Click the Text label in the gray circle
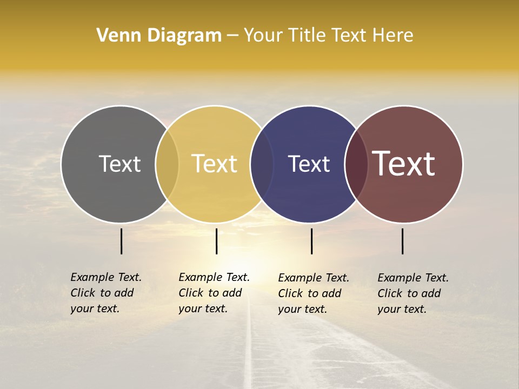pos(119,164)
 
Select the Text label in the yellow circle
pos(215,164)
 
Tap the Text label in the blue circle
pos(309,164)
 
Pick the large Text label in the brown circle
pos(403,164)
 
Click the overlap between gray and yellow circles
pos(167,164)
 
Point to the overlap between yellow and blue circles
pos(262,164)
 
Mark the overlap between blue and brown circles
pos(356,164)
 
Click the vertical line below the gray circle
pos(121,241)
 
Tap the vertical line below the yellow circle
pos(216,241)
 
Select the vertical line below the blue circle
pos(311,241)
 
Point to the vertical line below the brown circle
pos(402,241)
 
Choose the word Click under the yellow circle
pos(191,293)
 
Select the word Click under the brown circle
pos(390,293)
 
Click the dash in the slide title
pos(232,35)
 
